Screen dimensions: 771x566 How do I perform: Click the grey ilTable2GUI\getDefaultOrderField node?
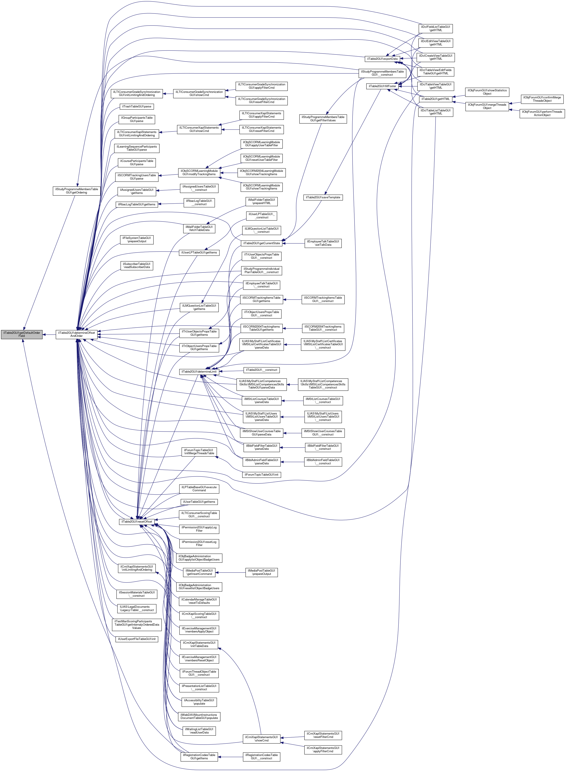tap(22, 334)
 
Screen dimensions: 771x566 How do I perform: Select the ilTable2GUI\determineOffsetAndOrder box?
tap(76, 334)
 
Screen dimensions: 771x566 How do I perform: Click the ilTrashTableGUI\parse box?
tap(137, 107)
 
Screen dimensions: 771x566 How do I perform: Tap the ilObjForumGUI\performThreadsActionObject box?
tap(542, 113)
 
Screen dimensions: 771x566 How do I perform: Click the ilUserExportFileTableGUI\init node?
tap(137, 639)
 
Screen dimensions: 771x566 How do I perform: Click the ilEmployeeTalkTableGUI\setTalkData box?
tap(323, 243)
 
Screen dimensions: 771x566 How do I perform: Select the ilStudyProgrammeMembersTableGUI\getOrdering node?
tap(76, 191)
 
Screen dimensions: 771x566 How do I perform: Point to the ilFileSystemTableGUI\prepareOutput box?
tap(137, 239)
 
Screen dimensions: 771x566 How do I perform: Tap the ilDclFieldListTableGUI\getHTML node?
tap(436, 28)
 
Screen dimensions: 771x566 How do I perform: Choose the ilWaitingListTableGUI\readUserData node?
tap(199, 731)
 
